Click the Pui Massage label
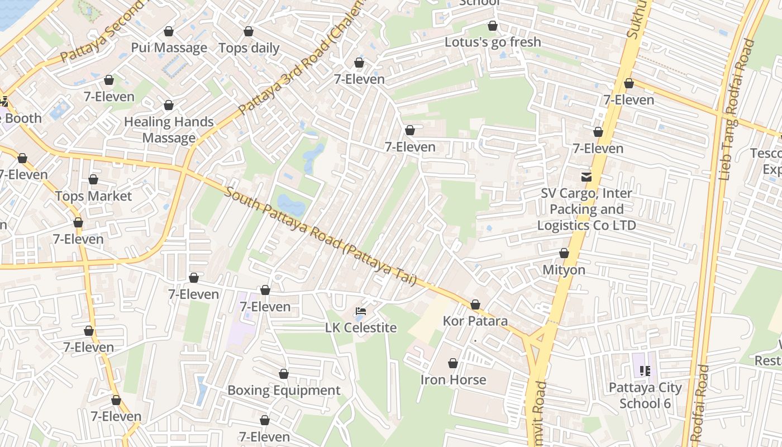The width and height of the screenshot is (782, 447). point(169,48)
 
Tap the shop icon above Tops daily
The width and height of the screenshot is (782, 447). point(249,31)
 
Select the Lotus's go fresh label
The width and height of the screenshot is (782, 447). point(493,42)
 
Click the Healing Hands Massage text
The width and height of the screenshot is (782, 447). point(169,130)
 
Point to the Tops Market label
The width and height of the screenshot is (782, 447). point(93,196)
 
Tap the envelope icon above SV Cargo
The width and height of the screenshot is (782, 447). point(586,177)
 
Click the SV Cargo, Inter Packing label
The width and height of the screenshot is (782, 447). point(586,210)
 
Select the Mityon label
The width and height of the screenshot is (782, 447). point(564,270)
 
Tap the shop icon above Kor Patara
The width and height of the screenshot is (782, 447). point(475,305)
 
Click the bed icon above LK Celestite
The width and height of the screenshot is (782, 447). point(361,311)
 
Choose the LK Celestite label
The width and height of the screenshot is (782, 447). point(361,328)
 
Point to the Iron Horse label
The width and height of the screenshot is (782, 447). point(453,380)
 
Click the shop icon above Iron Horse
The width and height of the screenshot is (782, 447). point(453,364)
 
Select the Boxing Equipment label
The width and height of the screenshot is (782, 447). point(284,391)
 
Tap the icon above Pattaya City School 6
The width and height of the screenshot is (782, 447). point(645,371)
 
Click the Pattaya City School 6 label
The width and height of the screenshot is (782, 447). point(645,395)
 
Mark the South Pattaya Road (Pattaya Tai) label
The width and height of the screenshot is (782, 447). point(321,236)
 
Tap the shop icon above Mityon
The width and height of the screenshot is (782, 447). point(564,254)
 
